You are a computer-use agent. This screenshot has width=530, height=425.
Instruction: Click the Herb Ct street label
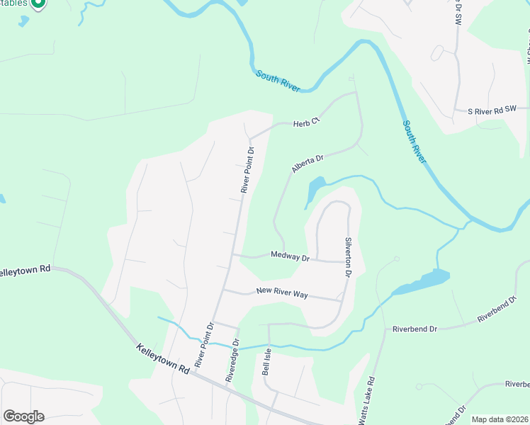308,123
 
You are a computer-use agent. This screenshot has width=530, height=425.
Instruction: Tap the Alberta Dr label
307,164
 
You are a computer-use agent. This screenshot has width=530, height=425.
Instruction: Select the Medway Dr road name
291,256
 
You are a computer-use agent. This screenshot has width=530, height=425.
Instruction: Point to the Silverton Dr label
349,256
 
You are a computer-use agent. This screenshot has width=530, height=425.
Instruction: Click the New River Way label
281,292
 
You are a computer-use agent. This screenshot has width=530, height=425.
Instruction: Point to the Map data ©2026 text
499,419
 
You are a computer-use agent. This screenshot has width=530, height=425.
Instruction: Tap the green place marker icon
39,4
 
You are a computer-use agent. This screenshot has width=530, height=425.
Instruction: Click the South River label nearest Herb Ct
278,81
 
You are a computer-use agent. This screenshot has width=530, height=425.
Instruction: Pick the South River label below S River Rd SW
415,141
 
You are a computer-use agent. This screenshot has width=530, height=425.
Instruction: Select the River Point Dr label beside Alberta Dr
247,170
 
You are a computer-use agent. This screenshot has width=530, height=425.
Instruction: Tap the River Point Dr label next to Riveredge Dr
204,346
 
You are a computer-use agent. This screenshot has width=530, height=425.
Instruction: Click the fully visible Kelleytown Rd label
163,359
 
